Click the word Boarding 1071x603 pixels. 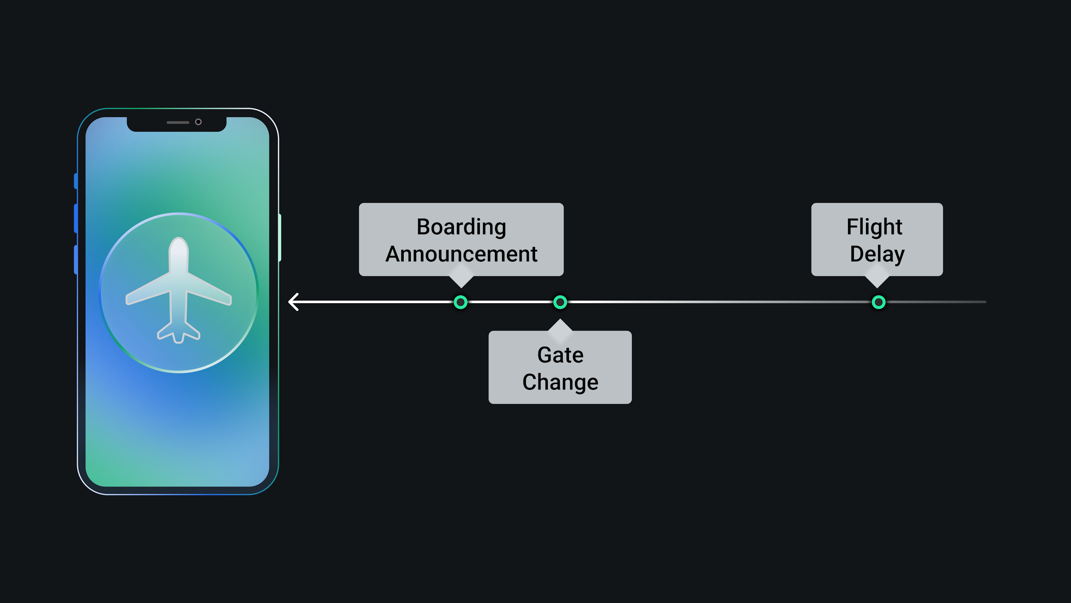[x=461, y=227]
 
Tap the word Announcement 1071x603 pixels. [x=461, y=254]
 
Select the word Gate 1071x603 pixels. [x=560, y=355]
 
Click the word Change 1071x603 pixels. [x=560, y=382]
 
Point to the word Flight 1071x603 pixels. [x=874, y=227]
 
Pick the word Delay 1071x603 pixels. [x=877, y=254]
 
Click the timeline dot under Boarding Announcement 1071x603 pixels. [x=460, y=302]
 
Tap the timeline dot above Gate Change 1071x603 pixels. [x=560, y=302]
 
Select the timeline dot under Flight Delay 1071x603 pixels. [x=879, y=302]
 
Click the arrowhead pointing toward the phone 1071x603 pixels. [x=293, y=302]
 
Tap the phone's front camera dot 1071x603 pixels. [x=198, y=122]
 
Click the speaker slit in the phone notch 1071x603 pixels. [x=178, y=122]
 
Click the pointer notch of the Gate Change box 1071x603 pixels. [x=560, y=325]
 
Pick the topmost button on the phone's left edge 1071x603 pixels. [x=76, y=181]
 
